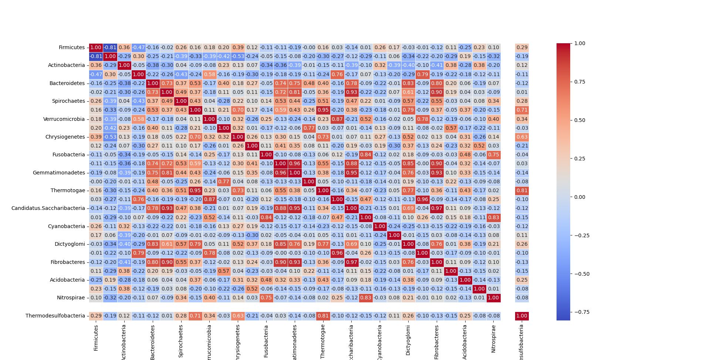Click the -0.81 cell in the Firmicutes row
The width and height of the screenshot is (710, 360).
click(110, 47)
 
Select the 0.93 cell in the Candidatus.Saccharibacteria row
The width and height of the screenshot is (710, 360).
click(167, 208)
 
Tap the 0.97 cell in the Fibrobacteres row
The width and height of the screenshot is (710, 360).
click(352, 262)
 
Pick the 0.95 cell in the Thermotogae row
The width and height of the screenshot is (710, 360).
click(195, 191)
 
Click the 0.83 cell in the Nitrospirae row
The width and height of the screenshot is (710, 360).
click(366, 298)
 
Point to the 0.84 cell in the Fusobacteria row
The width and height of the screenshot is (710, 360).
click(366, 155)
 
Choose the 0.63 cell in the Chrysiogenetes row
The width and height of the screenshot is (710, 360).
click(522, 137)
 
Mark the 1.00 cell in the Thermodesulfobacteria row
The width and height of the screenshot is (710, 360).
click(522, 316)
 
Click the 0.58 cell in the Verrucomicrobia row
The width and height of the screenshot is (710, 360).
click(138, 119)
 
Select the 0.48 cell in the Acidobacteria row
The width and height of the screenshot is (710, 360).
click(266, 280)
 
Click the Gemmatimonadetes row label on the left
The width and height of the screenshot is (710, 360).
click(59, 173)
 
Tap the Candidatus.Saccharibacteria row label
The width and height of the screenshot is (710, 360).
click(48, 208)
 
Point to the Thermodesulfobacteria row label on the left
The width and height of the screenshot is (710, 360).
click(55, 316)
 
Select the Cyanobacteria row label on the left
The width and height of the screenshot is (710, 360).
click(66, 226)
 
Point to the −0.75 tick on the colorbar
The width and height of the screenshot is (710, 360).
click(582, 312)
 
